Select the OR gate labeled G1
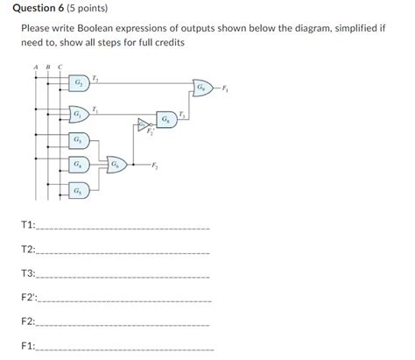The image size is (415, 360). click(x=78, y=115)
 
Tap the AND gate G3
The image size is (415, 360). click(x=78, y=140)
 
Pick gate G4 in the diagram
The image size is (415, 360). click(x=78, y=163)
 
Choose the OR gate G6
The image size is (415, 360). click(x=116, y=163)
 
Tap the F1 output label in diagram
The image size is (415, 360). click(x=225, y=88)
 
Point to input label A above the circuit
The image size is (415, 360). click(x=36, y=67)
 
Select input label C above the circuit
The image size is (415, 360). click(x=60, y=67)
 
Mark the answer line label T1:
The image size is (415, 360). click(x=28, y=225)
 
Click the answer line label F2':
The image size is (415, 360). click(x=29, y=298)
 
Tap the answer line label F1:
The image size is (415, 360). click(x=28, y=347)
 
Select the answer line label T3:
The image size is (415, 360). click(x=28, y=273)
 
